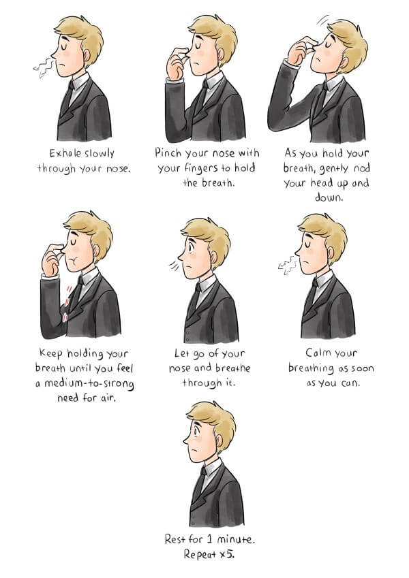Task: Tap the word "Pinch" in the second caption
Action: click(168, 152)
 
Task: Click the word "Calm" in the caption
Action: click(318, 353)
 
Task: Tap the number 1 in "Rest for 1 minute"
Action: click(209, 539)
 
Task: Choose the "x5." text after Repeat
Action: click(227, 554)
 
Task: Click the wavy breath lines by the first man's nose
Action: click(44, 67)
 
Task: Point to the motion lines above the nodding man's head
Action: click(323, 20)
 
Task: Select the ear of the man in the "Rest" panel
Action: click(219, 440)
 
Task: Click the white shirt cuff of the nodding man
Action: click(290, 64)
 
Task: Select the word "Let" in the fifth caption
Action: click(182, 353)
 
